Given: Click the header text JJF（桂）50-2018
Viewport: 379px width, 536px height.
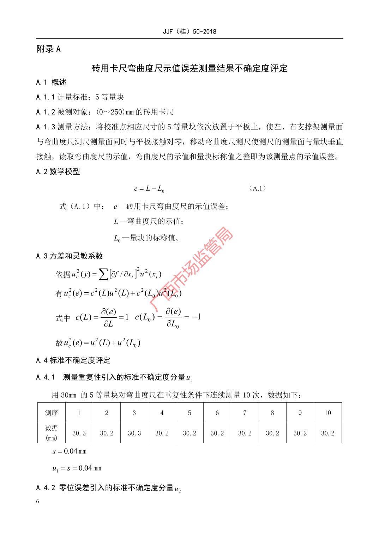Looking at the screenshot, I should coord(189,31).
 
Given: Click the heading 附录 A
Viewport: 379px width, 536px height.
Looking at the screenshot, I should coord(49,49).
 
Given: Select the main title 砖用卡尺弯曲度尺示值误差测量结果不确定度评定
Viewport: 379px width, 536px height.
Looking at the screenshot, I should coord(189,68).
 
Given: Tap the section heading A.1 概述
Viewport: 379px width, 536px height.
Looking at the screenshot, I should coord(51,83).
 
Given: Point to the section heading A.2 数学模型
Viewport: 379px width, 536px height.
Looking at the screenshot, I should coord(58,172).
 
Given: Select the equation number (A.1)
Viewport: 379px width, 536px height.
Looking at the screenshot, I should coord(257,189).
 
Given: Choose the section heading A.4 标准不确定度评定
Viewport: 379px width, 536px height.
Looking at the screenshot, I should coord(73,360).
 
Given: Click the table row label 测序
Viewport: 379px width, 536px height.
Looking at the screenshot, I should coord(52,413).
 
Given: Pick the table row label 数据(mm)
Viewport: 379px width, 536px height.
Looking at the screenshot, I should coord(52,433).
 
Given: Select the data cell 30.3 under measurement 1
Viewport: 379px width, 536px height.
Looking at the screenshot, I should coord(79,433).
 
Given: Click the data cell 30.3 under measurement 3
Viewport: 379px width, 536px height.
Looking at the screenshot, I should coord(134,433).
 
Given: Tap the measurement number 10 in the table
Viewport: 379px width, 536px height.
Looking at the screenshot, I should coord(327,413).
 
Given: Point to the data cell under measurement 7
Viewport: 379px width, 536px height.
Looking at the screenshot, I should coord(245,433).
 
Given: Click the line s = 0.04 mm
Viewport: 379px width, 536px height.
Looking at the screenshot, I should coord(69,451).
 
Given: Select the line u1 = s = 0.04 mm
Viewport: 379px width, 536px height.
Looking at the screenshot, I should coord(77,468).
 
